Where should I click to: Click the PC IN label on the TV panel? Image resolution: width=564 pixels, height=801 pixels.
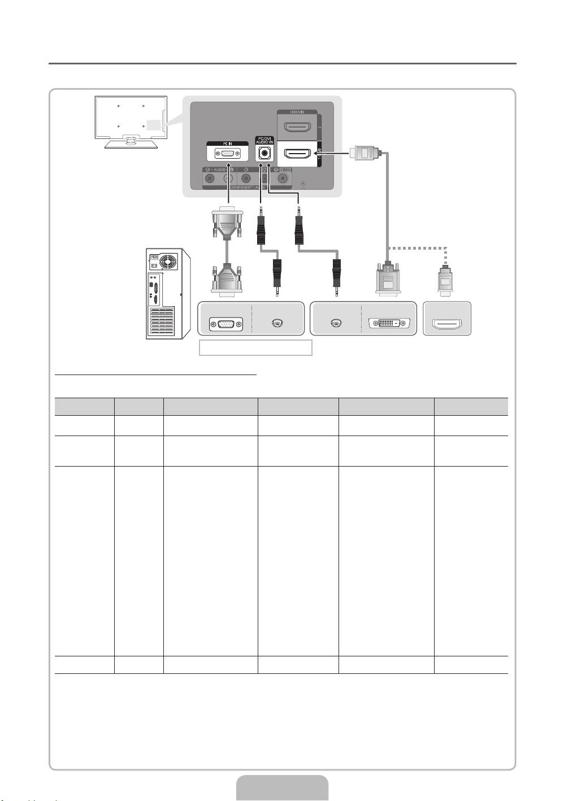pos(228,144)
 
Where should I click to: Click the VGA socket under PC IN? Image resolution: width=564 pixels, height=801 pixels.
pos(228,154)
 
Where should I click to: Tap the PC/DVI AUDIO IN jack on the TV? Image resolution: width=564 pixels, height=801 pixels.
pos(264,153)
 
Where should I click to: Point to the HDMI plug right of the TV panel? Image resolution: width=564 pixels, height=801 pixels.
pos(362,153)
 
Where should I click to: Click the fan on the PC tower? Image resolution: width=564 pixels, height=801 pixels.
pos(167,261)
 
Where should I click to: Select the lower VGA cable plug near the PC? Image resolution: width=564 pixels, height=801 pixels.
pos(227,279)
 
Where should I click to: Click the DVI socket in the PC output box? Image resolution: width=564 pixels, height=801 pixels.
pos(389,324)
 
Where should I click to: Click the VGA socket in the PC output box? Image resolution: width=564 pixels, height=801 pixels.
pos(225,324)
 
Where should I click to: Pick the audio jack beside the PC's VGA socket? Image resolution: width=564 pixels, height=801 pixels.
pos(276,324)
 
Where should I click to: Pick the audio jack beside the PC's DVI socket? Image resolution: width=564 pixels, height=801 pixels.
pos(336,324)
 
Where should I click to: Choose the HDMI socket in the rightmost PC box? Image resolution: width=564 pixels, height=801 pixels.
pos(446,324)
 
